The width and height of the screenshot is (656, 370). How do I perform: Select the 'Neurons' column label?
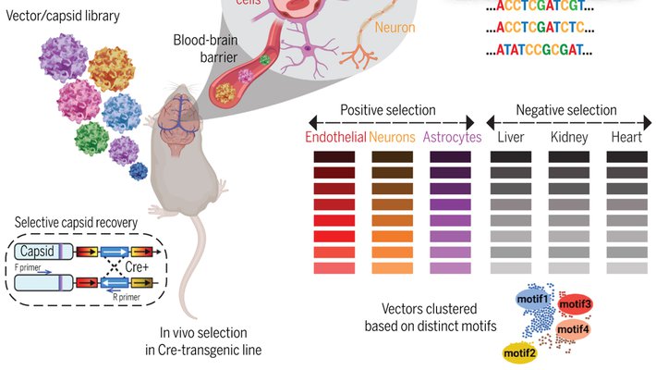(392, 137)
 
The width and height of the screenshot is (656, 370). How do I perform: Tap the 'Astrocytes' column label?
(452, 137)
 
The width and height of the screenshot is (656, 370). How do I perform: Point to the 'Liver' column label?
(511, 137)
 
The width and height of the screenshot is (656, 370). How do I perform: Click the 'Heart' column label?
(626, 137)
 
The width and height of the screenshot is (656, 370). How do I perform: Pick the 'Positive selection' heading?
(388, 110)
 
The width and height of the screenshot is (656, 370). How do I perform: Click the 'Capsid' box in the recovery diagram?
(38, 251)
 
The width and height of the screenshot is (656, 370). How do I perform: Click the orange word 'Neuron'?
(395, 28)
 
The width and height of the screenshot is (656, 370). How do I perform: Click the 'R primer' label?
(129, 298)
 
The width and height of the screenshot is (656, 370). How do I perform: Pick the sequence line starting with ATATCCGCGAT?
(538, 48)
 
